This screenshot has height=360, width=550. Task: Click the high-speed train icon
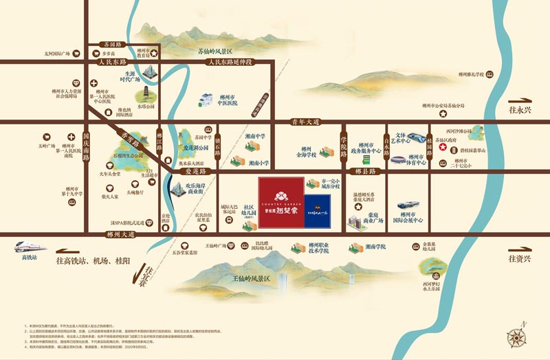[x=27, y=247]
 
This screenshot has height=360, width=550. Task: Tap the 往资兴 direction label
[x=520, y=258]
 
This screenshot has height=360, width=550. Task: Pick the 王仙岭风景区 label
[x=251, y=278]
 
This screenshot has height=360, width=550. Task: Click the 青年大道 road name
[x=305, y=123]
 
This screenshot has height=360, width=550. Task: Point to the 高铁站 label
[x=28, y=258]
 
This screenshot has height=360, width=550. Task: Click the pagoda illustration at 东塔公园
[x=146, y=94]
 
